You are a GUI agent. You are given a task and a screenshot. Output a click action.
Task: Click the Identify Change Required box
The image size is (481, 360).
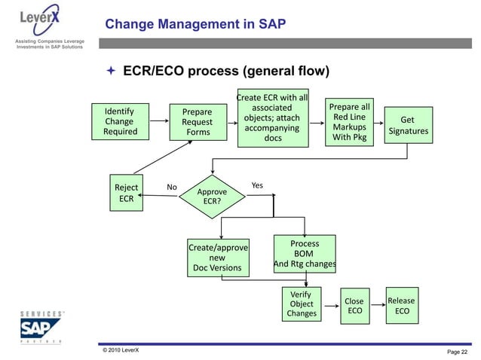tap(120, 121)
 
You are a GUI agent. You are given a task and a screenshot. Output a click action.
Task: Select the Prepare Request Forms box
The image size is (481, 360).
tap(198, 122)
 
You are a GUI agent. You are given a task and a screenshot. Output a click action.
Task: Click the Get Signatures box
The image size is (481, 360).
tap(407, 126)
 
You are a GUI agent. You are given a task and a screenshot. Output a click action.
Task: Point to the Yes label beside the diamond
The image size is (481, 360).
tap(257, 185)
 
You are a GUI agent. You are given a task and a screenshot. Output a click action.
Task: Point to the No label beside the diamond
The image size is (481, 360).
tap(171, 188)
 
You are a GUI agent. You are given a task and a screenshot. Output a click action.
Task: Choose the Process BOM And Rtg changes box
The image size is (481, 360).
tap(304, 255)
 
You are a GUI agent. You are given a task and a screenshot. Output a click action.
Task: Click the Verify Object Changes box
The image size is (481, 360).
tap(301, 304)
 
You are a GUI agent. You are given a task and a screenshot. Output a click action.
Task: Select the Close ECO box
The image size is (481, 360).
tap(354, 306)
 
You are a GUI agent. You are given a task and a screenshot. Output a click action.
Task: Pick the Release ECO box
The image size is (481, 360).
tap(402, 305)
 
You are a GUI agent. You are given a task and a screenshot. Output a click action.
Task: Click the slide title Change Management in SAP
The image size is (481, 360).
tap(195, 25)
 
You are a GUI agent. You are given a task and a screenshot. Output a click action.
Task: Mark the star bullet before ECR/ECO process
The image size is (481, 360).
tap(109, 73)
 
